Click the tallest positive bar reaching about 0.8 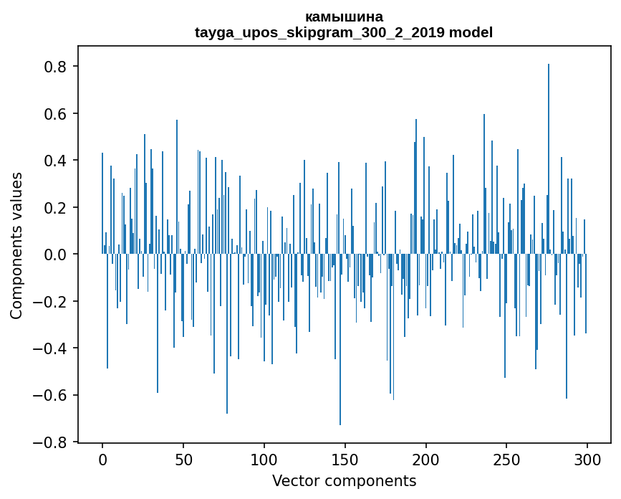tap(549, 158)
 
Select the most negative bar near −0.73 tap(340, 340)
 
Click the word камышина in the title tap(344, 16)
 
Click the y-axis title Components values tap(16, 245)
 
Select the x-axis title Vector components tap(344, 480)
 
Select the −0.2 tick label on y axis tap(52, 302)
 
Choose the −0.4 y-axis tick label tap(52, 348)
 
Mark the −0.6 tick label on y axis tap(52, 396)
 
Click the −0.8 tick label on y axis tap(52, 442)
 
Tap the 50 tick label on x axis tap(183, 459)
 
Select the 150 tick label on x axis tap(345, 459)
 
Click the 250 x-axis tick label tap(506, 459)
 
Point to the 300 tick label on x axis tap(587, 459)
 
